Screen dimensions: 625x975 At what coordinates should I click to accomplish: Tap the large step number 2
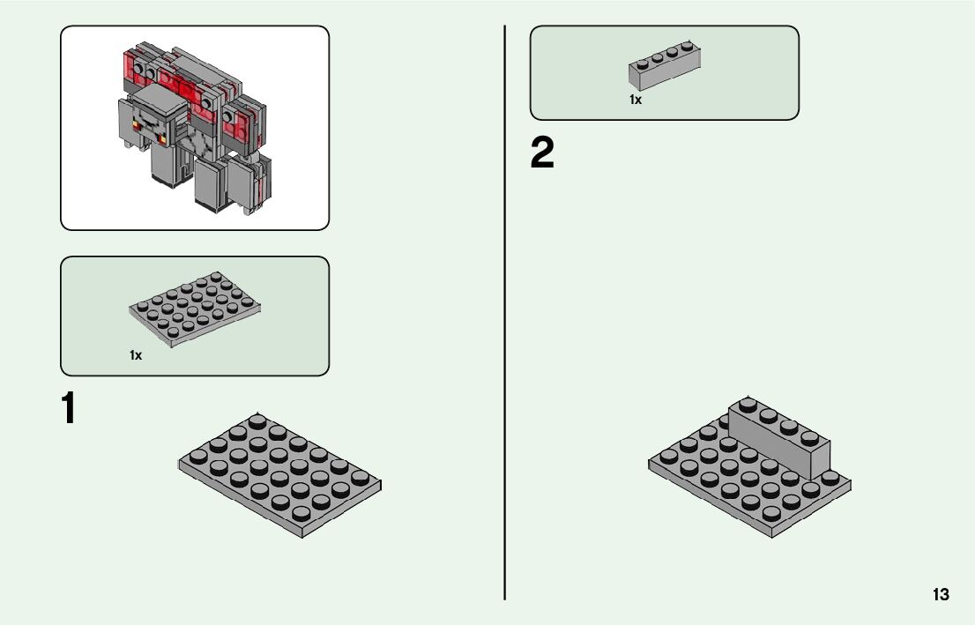point(542,154)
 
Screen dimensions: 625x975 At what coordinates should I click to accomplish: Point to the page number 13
point(941,594)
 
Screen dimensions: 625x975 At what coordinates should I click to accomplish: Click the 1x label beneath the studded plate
point(136,355)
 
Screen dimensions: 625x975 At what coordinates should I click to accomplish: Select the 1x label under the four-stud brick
point(636,100)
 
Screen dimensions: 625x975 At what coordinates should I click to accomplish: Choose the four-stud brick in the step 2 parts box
point(665,66)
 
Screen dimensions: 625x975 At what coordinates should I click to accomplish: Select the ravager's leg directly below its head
point(165,165)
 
